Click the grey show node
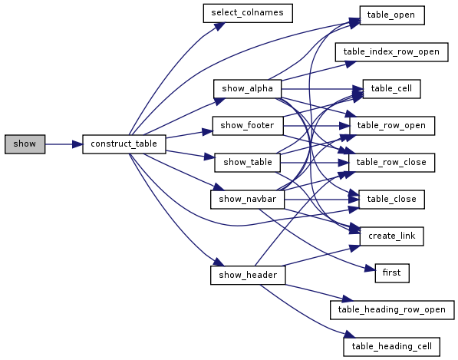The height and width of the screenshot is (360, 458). (25, 144)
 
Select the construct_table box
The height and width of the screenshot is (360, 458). (124, 144)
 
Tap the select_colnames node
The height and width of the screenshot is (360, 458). (248, 13)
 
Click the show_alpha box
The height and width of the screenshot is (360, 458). (247, 89)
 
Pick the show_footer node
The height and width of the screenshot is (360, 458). (248, 126)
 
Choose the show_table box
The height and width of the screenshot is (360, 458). (247, 163)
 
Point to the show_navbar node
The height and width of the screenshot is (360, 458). (247, 200)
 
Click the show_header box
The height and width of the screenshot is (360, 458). (248, 275)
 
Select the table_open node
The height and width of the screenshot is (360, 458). (392, 15)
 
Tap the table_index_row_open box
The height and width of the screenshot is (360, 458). (391, 52)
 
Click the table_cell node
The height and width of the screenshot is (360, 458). (391, 89)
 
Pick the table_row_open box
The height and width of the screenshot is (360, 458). (392, 126)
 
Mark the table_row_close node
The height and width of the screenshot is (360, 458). (391, 163)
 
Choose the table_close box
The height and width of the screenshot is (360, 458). (391, 200)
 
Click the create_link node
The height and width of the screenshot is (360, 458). (392, 236)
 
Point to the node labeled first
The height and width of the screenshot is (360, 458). (392, 273)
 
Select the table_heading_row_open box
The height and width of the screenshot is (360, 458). (392, 310)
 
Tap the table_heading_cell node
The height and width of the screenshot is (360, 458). (392, 346)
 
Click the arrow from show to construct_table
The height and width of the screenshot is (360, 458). (64, 144)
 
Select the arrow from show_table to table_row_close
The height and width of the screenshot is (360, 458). (315, 163)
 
